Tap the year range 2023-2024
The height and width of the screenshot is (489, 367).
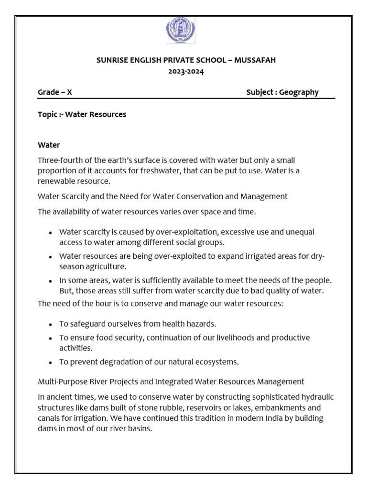183,72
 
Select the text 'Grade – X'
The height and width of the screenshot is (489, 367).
55,92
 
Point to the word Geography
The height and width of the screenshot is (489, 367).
299,92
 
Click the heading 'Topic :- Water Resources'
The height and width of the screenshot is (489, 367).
82,115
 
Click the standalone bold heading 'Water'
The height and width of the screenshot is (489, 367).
49,145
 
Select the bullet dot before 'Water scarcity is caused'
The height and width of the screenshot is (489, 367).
51,233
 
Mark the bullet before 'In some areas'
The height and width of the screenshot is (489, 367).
51,281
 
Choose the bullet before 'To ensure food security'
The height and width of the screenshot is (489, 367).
51,339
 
